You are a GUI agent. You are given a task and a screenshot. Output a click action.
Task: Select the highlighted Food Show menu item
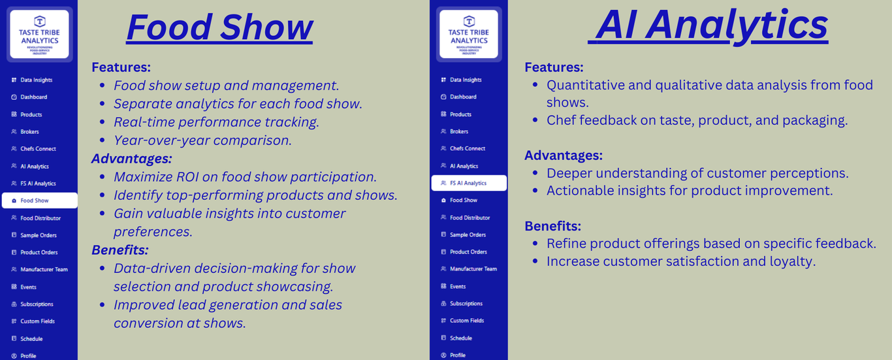coord(39,201)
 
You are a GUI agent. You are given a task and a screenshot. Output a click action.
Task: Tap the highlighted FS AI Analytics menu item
coord(469,183)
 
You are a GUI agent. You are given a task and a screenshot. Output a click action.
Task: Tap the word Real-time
coord(144,122)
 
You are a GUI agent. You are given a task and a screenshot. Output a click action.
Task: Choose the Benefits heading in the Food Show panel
coord(120,250)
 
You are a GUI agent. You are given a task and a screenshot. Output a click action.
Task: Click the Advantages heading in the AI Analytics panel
coord(564,155)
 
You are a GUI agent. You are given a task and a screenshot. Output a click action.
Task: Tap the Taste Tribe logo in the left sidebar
coord(39,34)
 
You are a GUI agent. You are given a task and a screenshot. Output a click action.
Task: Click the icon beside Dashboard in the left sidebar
coord(14,97)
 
